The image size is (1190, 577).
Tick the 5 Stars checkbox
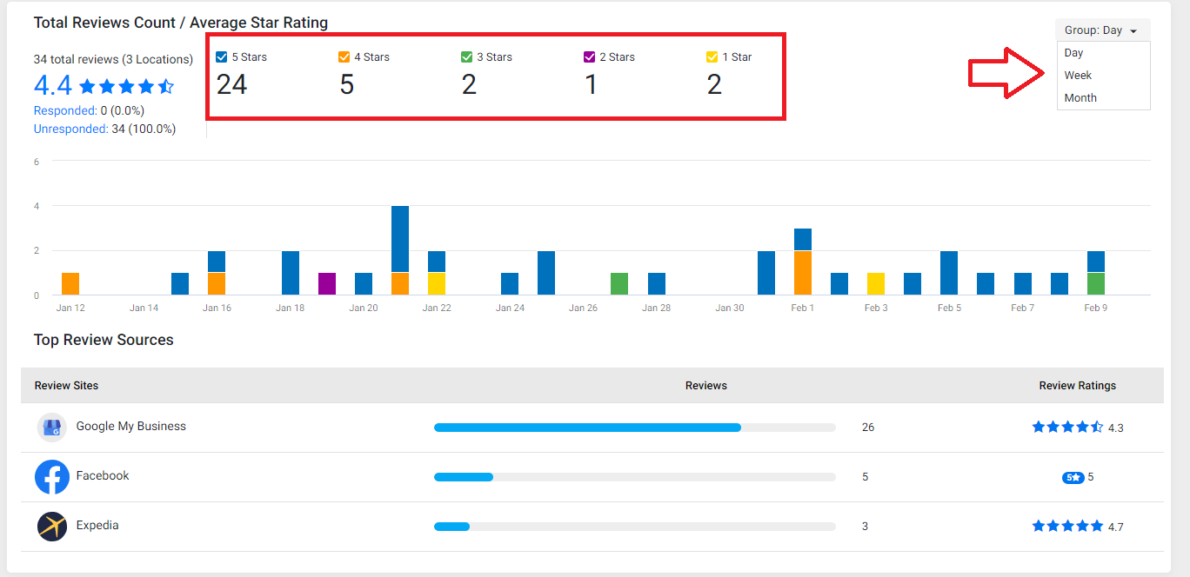(222, 56)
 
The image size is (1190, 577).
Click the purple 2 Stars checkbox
(589, 56)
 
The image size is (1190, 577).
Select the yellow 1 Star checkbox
(712, 56)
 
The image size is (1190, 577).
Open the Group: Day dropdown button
(1102, 30)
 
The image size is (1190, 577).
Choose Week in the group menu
(1078, 76)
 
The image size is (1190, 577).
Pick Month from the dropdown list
(1080, 97)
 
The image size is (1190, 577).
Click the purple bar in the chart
(327, 283)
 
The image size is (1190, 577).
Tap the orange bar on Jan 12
(70, 283)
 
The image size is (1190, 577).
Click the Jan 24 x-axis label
(510, 308)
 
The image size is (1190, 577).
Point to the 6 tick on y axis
(37, 162)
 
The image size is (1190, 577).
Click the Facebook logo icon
(52, 477)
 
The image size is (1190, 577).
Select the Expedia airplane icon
(52, 526)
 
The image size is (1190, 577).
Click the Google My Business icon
(51, 428)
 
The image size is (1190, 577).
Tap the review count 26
(868, 428)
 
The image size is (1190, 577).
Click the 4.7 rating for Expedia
(1115, 527)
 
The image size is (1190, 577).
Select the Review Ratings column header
(1078, 386)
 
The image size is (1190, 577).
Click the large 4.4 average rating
(52, 85)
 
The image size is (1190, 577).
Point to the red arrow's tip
(1043, 73)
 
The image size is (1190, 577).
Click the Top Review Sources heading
(104, 340)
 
